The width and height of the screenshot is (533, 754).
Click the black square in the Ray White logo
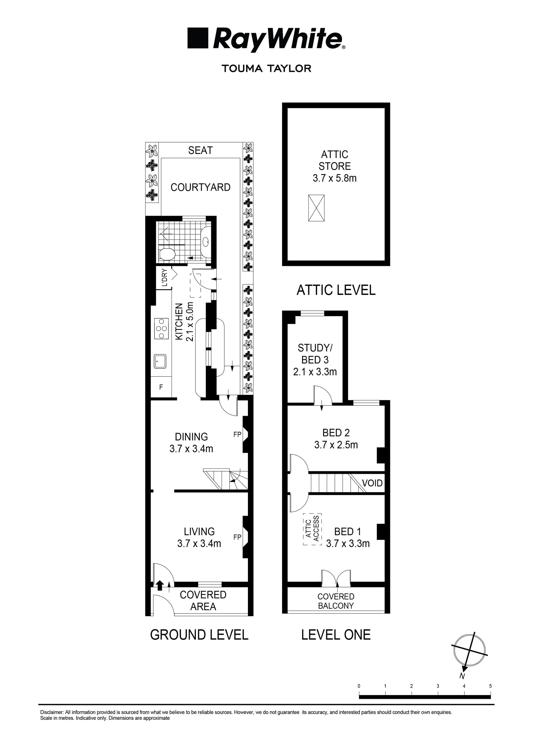click(198, 38)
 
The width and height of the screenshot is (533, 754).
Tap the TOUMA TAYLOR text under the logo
click(266, 68)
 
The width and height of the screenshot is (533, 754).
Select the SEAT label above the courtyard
click(200, 151)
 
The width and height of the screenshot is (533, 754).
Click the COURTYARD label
click(200, 187)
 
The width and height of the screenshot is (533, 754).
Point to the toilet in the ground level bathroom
click(167, 254)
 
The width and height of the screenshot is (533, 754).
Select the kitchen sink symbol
click(160, 361)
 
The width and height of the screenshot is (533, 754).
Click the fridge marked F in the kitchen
click(161, 387)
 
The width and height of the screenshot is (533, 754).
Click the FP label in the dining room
click(237, 434)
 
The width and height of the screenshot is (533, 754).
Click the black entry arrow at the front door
click(160, 585)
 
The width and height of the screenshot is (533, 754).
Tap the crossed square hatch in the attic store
click(316, 208)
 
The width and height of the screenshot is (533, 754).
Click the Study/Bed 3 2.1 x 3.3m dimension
click(315, 372)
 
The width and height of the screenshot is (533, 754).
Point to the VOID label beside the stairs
click(372, 483)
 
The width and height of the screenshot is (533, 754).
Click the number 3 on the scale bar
click(438, 686)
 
